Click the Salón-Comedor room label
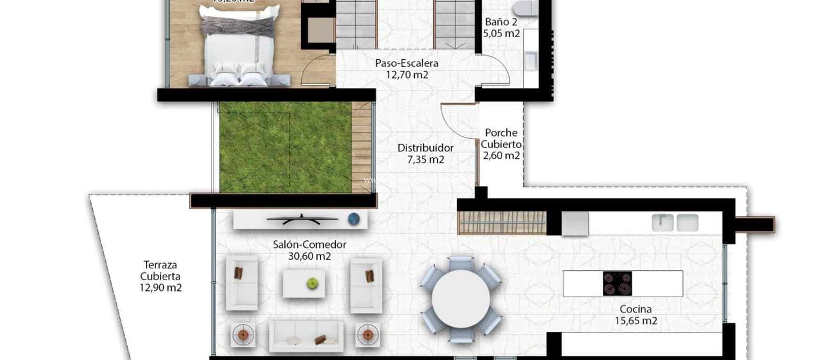[x=310, y=245]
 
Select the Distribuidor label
[x=425, y=148]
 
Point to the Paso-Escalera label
[x=406, y=63]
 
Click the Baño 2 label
[x=501, y=22]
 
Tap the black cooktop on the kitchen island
[x=617, y=283]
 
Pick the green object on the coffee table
[x=312, y=283]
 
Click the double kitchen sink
[x=675, y=223]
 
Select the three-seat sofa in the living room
[x=306, y=336]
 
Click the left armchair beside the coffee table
[x=241, y=283]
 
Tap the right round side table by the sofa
[x=368, y=334]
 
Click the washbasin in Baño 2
[x=531, y=61]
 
